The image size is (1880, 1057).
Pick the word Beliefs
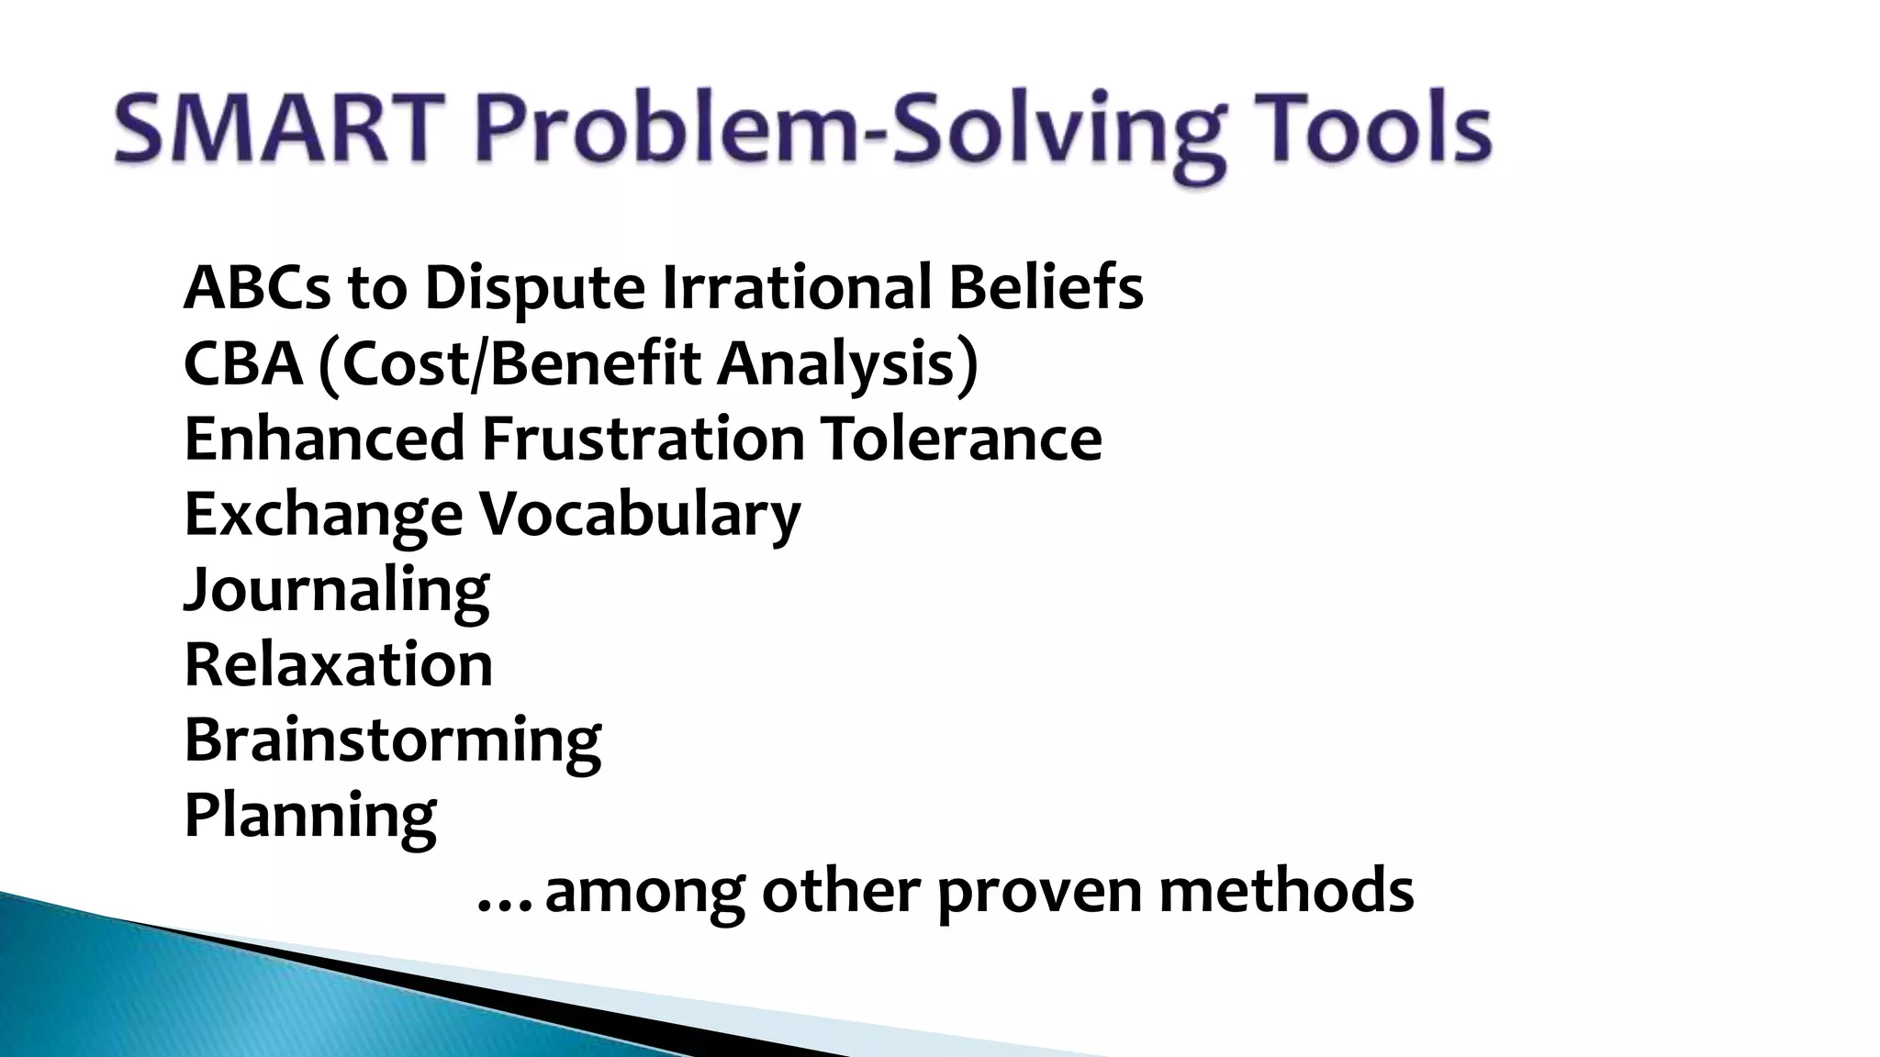point(1046,288)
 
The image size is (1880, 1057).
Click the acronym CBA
point(243,363)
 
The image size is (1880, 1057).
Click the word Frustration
point(643,439)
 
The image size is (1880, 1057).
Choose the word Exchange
point(323,515)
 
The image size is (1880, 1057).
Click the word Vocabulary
point(641,515)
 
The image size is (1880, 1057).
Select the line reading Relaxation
point(339,664)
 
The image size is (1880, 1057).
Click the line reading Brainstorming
point(393,740)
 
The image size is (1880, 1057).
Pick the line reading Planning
point(310,816)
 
